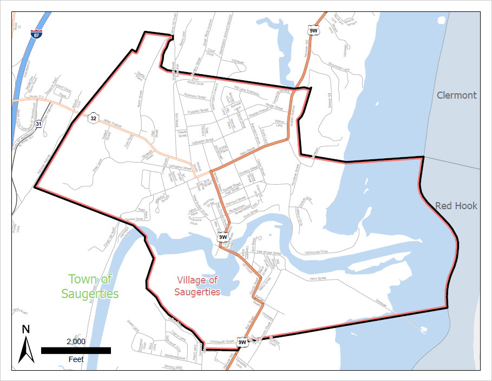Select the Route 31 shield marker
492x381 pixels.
(38, 124)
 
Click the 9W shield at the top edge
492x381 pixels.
(313, 30)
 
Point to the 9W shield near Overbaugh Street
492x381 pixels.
(242, 341)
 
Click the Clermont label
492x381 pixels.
(457, 95)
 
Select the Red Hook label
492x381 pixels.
(456, 205)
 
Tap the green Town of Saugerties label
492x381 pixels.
(90, 286)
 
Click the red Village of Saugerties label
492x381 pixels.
(198, 286)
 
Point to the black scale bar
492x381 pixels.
(76, 351)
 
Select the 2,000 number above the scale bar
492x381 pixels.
(76, 341)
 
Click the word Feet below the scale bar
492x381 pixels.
(76, 360)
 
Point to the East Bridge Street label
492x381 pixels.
(268, 253)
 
